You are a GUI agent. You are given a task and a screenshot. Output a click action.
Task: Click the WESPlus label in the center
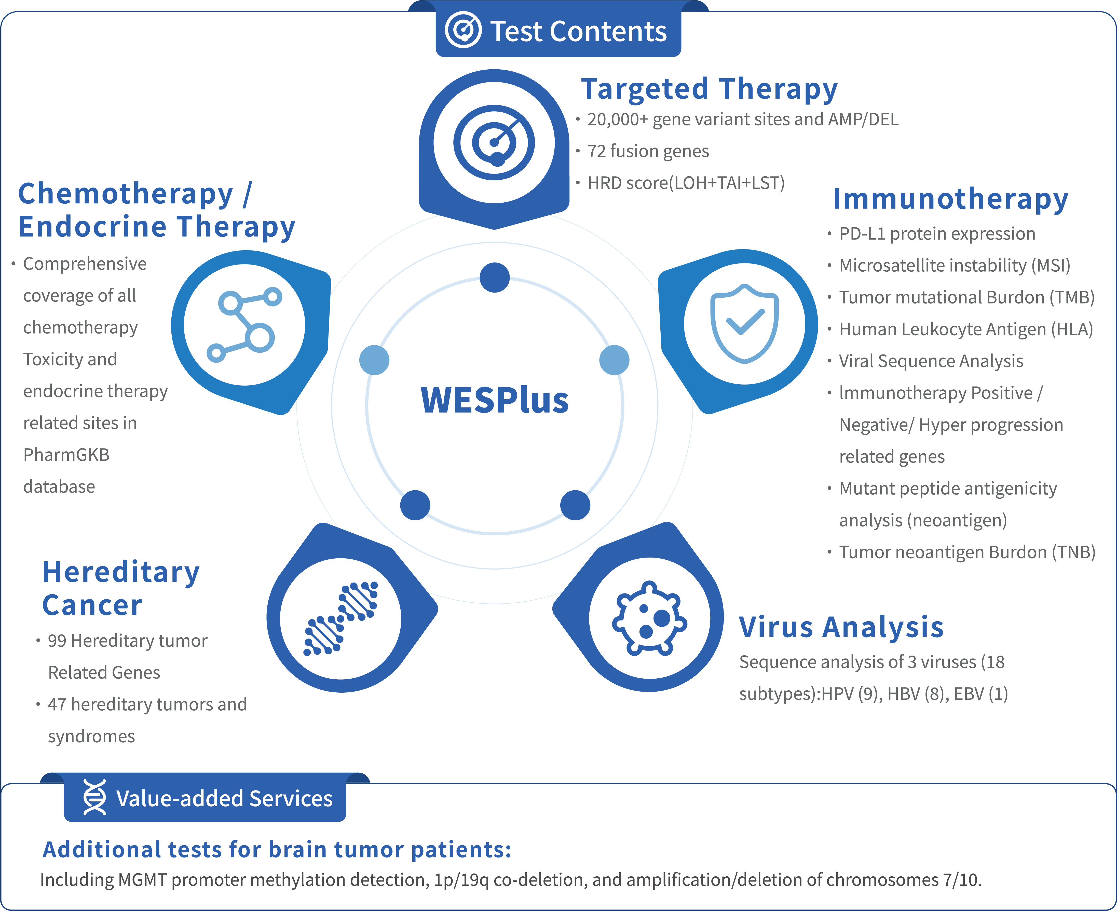tap(495, 400)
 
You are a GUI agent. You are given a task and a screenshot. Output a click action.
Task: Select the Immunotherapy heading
tap(950, 200)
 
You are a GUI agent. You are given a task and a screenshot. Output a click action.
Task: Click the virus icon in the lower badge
tap(649, 618)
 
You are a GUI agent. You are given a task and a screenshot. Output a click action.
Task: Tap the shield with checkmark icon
tap(744, 324)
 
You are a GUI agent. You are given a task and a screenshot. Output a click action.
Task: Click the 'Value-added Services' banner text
tap(224, 798)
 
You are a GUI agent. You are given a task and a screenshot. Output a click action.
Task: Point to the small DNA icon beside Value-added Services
tap(94, 797)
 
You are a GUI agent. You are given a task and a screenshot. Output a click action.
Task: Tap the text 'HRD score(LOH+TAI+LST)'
tap(686, 183)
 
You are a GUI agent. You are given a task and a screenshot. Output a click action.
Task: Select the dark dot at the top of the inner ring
tap(495, 277)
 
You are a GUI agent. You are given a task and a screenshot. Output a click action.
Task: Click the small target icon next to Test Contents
tap(463, 30)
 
